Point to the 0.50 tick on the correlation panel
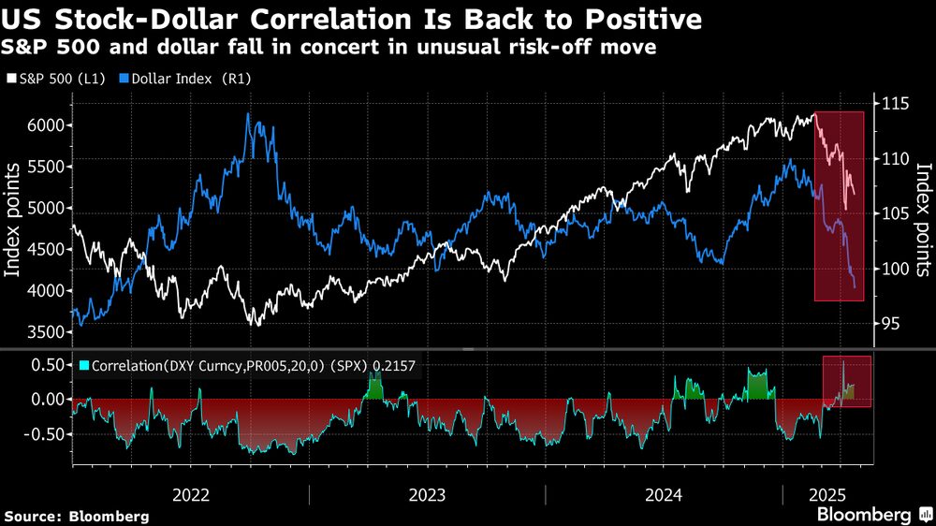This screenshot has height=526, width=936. [47, 364]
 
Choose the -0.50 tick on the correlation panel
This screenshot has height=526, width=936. [44, 435]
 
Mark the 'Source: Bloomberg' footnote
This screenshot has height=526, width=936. [76, 516]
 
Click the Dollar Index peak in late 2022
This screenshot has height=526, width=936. [248, 114]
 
